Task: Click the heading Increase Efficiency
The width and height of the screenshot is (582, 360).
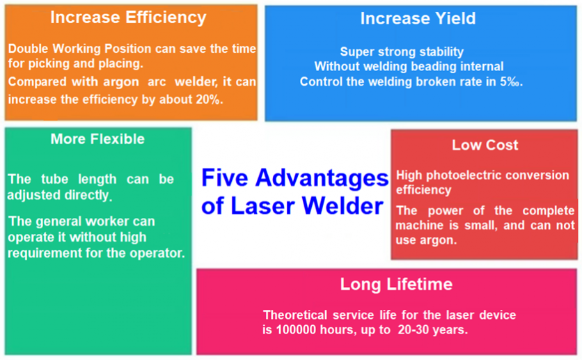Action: point(128,18)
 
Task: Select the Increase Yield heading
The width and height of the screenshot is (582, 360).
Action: point(418,19)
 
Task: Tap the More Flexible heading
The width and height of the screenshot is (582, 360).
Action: point(97,139)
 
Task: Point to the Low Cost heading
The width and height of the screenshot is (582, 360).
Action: point(485,145)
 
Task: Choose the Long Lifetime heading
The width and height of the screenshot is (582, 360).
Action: point(396,284)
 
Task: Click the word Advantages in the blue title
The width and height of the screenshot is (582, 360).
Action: point(322,178)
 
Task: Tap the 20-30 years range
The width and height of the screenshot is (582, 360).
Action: point(432,329)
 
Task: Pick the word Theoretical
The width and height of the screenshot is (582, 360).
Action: point(295,315)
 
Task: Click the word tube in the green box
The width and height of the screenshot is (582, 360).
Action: point(54,179)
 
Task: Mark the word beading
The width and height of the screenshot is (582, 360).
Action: point(434,66)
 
